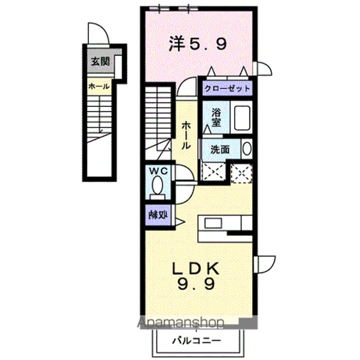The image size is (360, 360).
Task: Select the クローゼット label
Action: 226,88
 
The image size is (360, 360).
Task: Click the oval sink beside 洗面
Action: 247,148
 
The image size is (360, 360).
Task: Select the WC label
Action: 158,171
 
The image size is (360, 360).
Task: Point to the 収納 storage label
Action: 157,215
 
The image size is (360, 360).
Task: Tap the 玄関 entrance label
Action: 98,62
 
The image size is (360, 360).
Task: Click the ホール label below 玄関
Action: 99,86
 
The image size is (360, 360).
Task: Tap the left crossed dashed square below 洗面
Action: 214,173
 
